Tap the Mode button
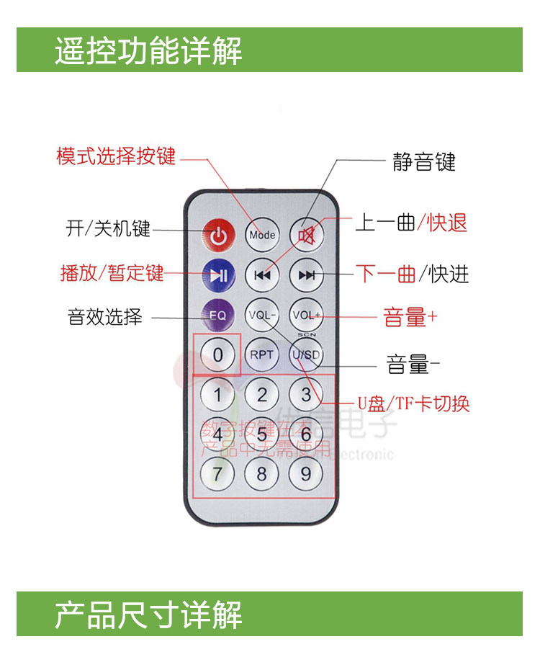click(262, 234)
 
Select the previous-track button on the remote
click(262, 274)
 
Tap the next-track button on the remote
click(307, 274)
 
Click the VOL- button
click(262, 315)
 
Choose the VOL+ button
click(307, 315)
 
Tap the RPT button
click(262, 354)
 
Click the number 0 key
click(218, 354)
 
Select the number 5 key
click(262, 434)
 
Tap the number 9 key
click(306, 473)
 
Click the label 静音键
click(424, 161)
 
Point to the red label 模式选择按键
click(116, 156)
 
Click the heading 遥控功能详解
click(148, 51)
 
